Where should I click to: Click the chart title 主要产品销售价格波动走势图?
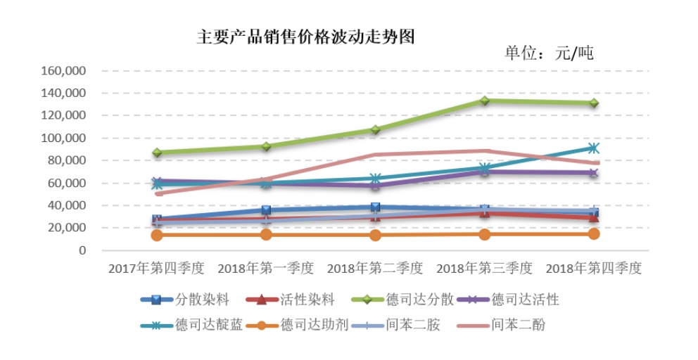click(305, 37)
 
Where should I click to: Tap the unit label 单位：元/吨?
click(549, 53)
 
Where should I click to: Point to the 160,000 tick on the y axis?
click(64, 71)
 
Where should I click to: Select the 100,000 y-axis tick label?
click(64, 139)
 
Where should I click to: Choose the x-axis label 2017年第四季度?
click(156, 269)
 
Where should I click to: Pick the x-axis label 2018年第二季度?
click(375, 269)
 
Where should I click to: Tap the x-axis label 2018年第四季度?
click(594, 269)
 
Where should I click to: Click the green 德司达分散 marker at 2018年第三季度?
click(485, 101)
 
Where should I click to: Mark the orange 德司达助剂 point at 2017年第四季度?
click(157, 235)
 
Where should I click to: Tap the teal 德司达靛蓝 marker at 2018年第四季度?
click(594, 148)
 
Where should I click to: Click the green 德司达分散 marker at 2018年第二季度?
click(376, 130)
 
